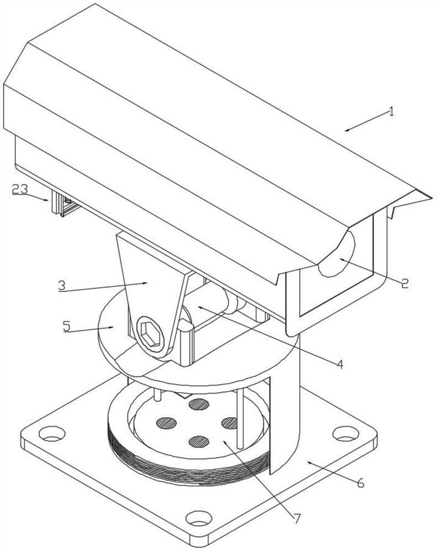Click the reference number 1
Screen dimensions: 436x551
point(391,112)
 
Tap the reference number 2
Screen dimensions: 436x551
point(405,283)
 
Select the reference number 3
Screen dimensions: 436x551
point(62,285)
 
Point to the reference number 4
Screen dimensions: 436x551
point(339,364)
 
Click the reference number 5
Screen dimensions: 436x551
point(67,326)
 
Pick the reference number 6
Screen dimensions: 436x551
point(360,483)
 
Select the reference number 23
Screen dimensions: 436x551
point(20,189)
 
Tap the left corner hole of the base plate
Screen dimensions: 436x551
point(52,433)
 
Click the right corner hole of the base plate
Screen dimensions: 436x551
point(345,433)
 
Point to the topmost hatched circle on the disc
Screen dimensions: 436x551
point(199,404)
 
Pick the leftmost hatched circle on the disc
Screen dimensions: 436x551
point(166,423)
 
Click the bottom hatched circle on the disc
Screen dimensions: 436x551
point(199,441)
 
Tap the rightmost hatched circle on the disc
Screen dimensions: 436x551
point(230,423)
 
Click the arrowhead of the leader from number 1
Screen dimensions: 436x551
point(347,130)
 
